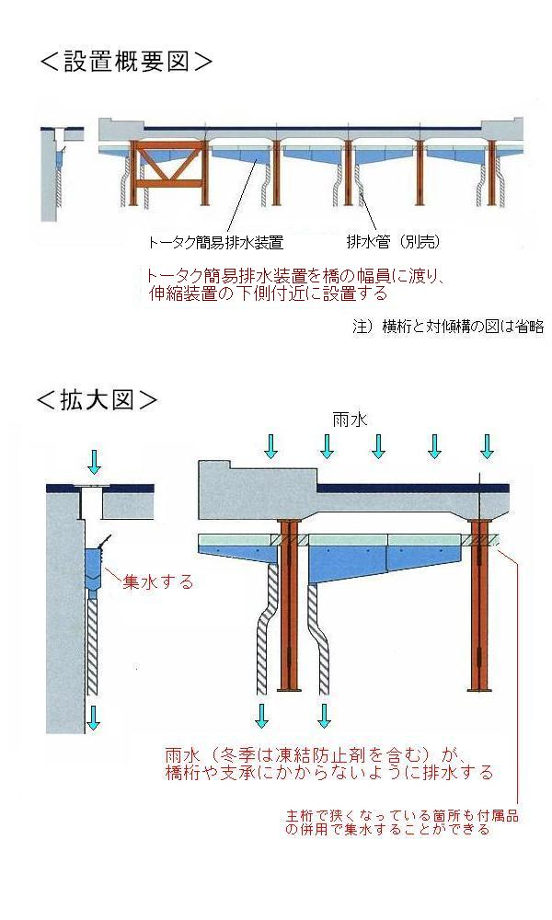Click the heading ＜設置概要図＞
click(x=126, y=63)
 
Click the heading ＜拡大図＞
click(x=97, y=399)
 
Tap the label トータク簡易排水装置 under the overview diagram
click(x=214, y=243)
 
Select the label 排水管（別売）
click(x=394, y=243)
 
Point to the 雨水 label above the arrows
click(x=351, y=419)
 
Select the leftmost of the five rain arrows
click(x=270, y=446)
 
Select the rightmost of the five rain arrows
click(x=487, y=446)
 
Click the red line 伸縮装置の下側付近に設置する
click(x=270, y=294)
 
